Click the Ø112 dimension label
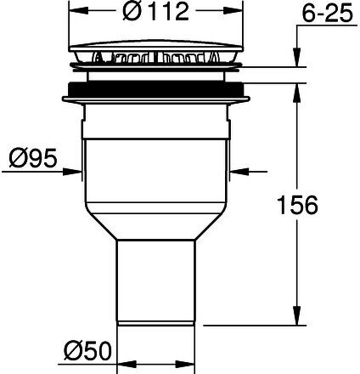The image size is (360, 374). tap(155, 11)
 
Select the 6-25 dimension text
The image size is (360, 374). tap(328, 14)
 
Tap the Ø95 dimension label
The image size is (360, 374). tap(33, 158)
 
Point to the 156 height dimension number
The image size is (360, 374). tap(297, 205)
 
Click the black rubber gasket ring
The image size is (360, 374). tap(156, 89)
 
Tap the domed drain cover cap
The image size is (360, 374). tap(156, 46)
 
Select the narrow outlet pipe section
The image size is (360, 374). tap(156, 282)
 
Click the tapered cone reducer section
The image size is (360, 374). tap(156, 222)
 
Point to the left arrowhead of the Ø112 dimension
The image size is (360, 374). tap(78, 11)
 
